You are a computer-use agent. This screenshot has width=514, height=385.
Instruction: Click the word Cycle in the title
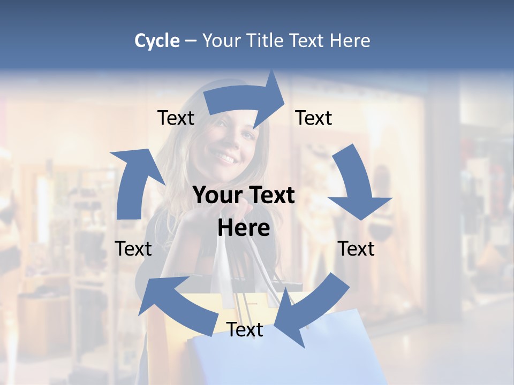157,41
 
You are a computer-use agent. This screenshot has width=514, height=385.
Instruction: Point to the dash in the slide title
191,41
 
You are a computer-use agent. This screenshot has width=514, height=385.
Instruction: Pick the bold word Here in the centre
244,228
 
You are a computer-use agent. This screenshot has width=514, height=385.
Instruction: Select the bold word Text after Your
271,195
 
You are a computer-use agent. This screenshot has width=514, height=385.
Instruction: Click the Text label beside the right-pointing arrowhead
314,118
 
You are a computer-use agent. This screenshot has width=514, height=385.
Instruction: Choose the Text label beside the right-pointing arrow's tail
176,118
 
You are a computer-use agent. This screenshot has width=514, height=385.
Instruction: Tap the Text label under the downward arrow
356,249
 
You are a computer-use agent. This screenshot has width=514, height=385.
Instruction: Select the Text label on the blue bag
245,329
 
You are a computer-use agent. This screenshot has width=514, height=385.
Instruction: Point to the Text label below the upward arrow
133,249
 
